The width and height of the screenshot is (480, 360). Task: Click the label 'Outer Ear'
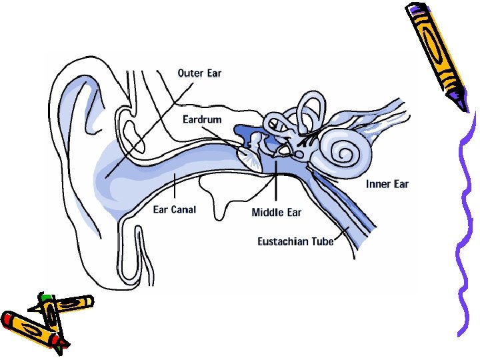199,73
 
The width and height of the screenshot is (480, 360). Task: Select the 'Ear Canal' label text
174,210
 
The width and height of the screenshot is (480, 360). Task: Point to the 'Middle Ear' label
276,213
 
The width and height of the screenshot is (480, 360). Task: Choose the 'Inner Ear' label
387,183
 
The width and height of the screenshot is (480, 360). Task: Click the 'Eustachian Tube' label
295,241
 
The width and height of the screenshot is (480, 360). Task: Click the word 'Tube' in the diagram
322,241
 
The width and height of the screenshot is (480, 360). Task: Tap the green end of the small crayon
45,295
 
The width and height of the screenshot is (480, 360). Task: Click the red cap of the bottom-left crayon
9,319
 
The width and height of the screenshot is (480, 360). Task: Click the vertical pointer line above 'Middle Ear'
275,183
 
